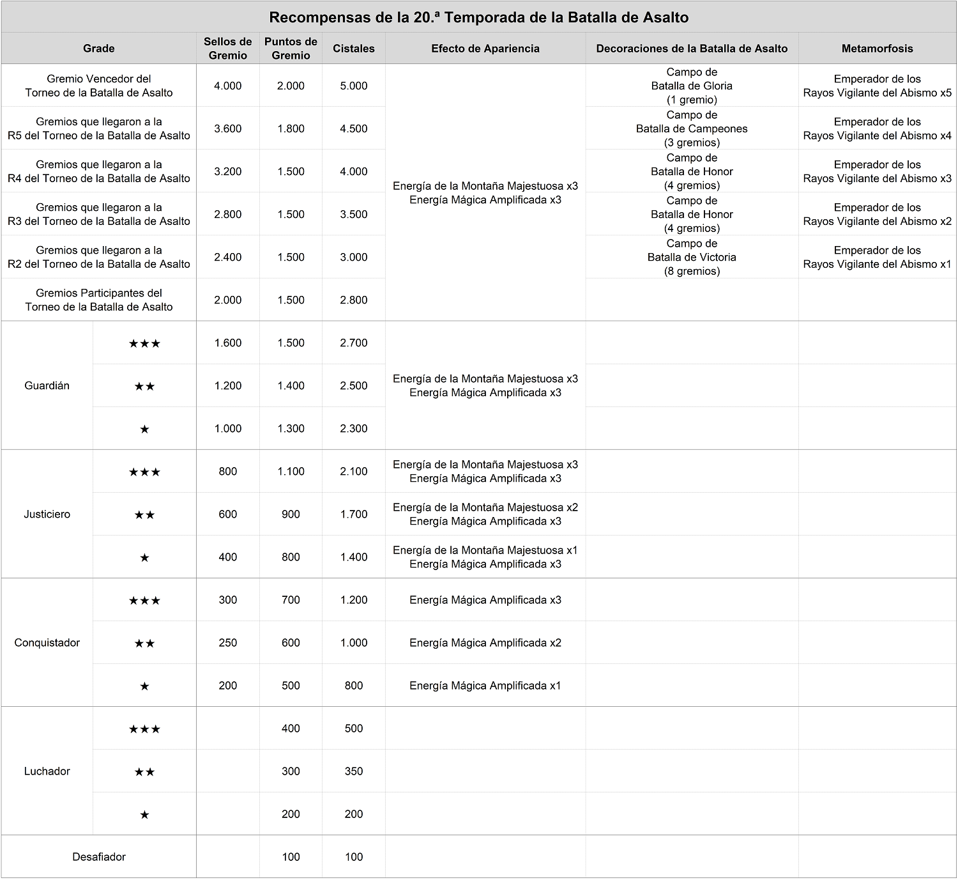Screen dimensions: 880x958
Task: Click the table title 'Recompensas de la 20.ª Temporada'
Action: [478, 17]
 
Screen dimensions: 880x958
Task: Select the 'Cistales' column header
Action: [354, 49]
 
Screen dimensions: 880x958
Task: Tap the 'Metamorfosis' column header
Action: [877, 49]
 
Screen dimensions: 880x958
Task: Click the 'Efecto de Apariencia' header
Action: [485, 49]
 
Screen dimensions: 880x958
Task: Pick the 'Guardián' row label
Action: [47, 385]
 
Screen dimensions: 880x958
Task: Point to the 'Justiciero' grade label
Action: [47, 514]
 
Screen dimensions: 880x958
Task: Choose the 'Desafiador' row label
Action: [99, 856]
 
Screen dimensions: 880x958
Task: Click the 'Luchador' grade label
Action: [47, 771]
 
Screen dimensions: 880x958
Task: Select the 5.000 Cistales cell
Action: [354, 86]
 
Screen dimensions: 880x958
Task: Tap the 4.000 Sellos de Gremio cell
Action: [227, 86]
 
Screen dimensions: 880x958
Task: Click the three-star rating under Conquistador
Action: [144, 601]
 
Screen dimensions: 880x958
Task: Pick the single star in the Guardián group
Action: [144, 429]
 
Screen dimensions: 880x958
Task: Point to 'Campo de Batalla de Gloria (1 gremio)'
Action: [692, 86]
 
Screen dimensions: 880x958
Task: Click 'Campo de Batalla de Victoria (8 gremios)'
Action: [692, 257]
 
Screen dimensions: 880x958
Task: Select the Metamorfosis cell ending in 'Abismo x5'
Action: [877, 86]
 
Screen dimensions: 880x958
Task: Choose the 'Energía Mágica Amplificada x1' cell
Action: [485, 686]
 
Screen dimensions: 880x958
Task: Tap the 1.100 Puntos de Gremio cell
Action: [291, 472]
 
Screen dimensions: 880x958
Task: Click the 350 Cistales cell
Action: [354, 771]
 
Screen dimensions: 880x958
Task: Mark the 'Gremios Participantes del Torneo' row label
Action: [99, 300]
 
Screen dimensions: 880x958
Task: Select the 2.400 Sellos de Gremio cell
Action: [227, 257]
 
